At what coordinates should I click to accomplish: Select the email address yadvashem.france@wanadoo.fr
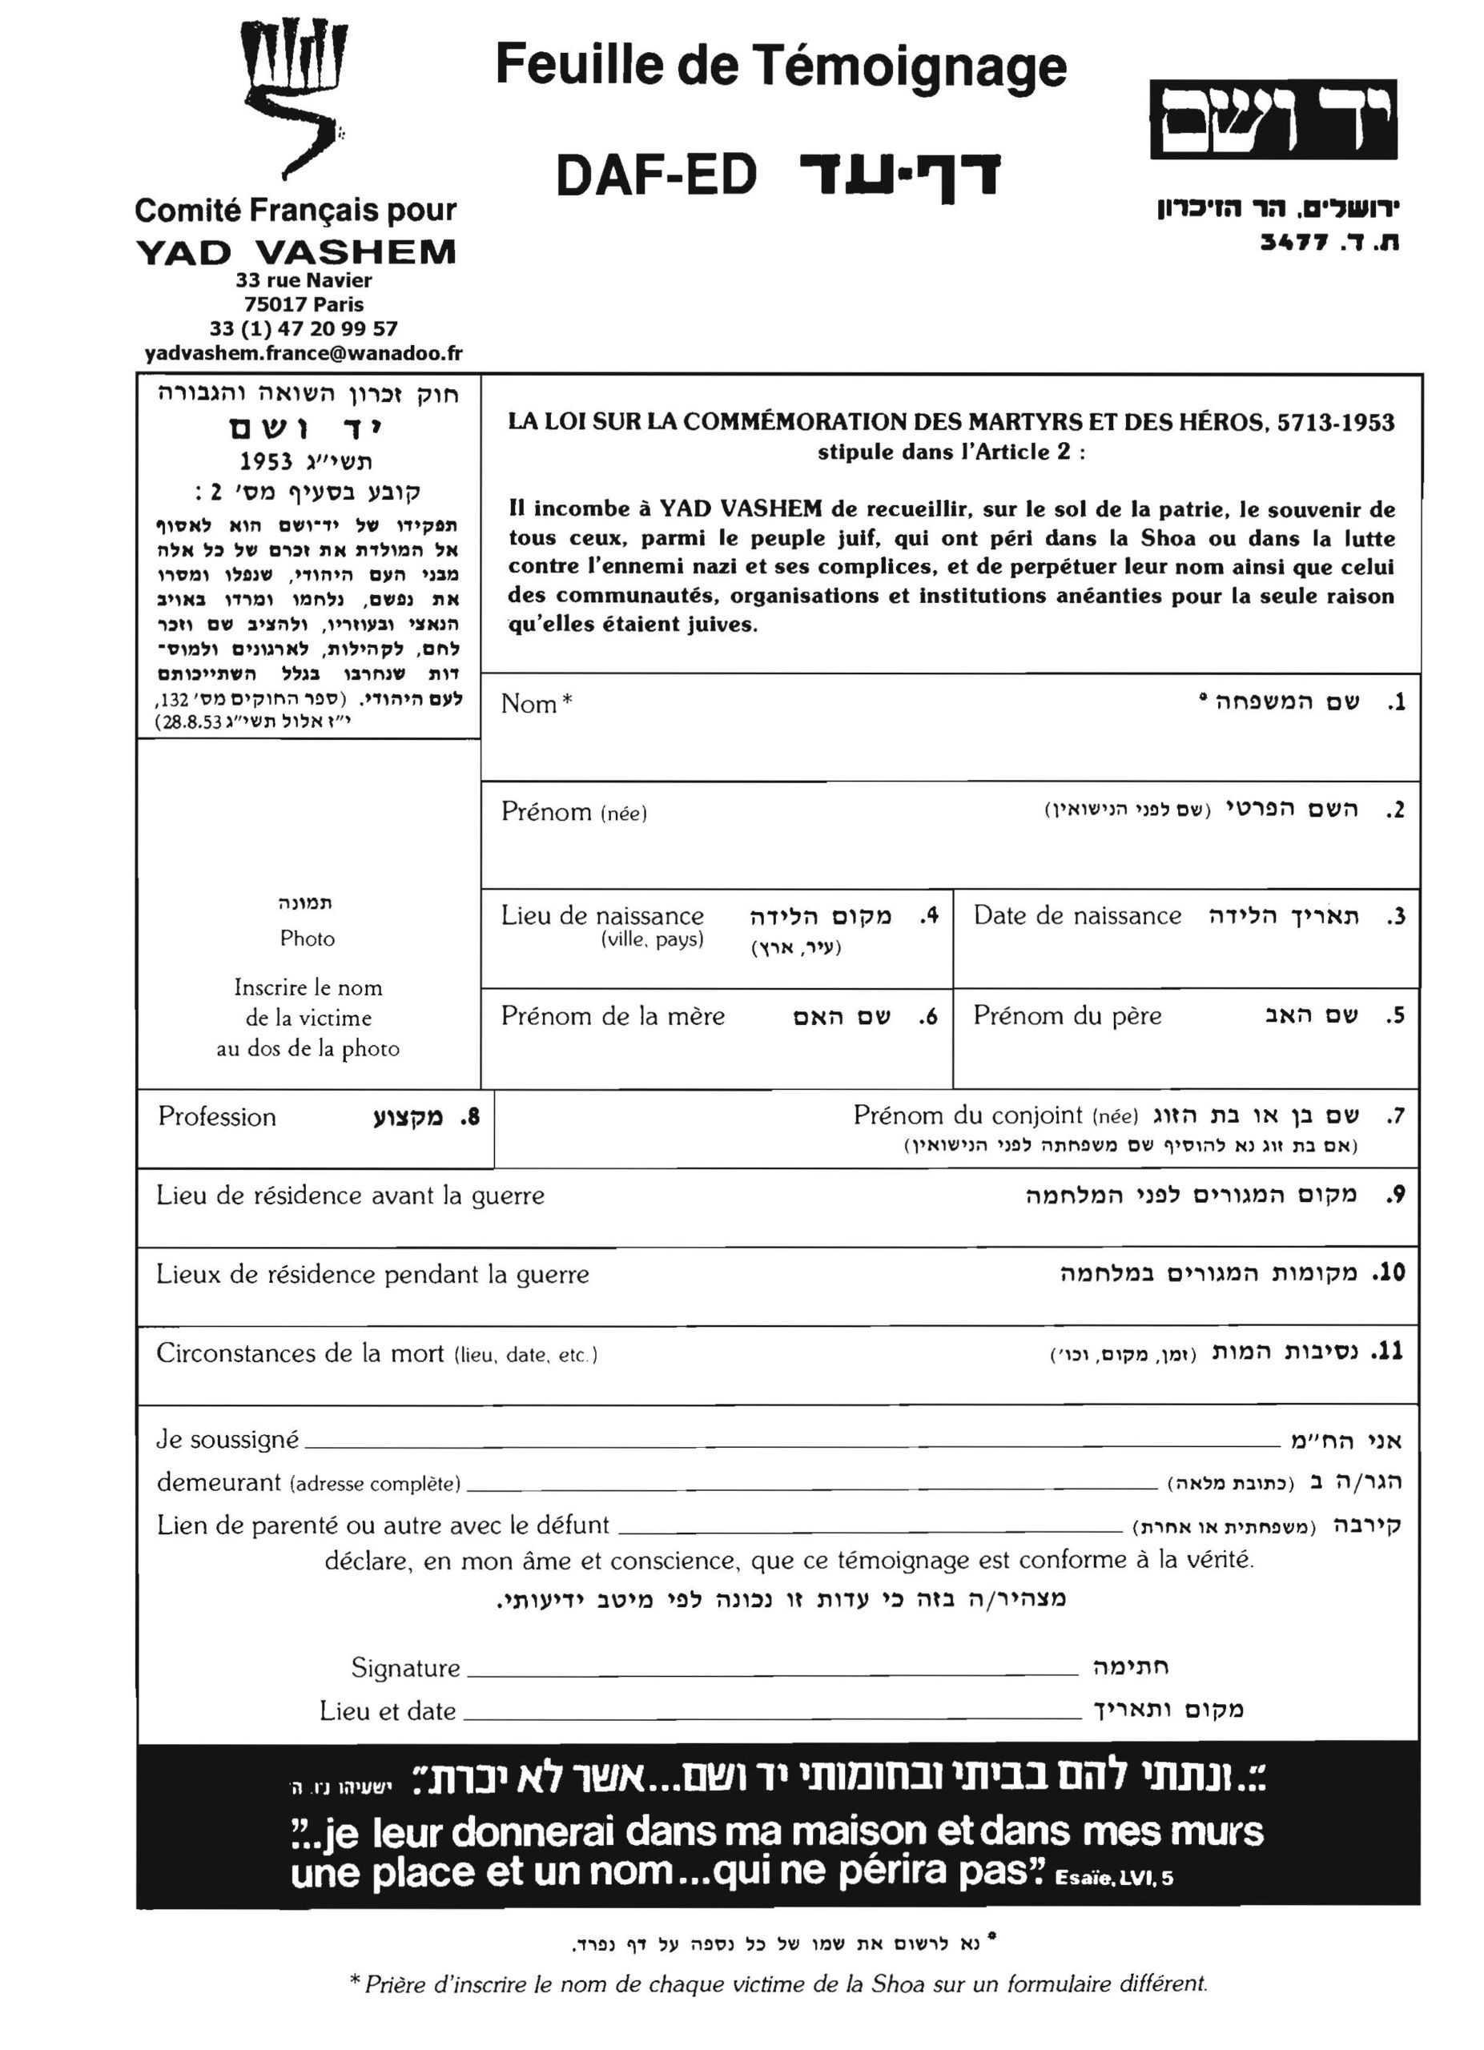point(304,353)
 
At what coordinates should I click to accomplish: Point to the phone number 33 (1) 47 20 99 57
point(304,328)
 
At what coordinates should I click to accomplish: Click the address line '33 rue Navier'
point(304,280)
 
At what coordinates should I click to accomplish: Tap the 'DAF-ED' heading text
point(656,176)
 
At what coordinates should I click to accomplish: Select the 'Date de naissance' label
point(1077,915)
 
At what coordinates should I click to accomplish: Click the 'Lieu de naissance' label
point(602,915)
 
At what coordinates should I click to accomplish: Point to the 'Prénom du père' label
point(1068,1016)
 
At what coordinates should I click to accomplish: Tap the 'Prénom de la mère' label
point(613,1016)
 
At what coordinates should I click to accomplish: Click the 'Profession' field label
point(217,1117)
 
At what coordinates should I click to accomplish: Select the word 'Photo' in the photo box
point(308,939)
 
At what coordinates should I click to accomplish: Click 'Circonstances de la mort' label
point(300,1353)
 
